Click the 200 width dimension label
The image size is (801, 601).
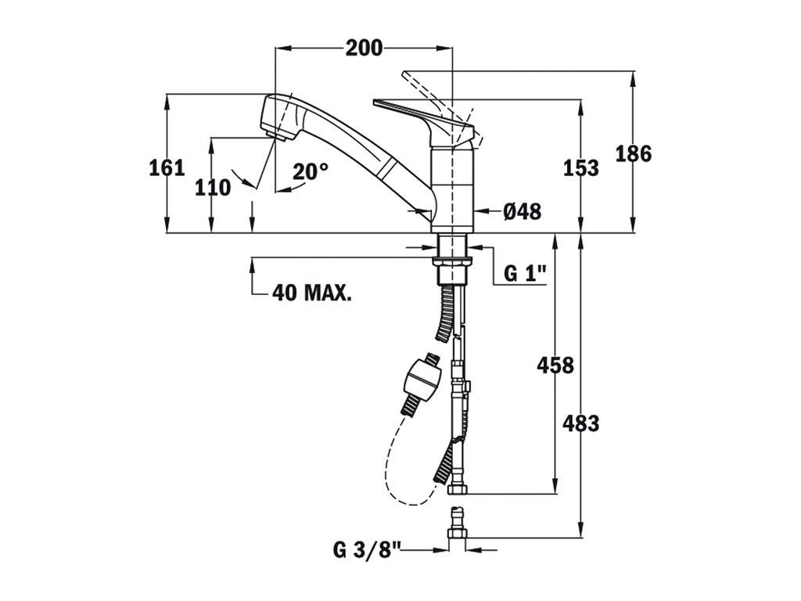pos(364,49)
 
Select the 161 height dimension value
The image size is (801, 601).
pos(167,167)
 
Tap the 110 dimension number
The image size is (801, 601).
pos(213,188)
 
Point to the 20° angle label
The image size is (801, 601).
pos(311,171)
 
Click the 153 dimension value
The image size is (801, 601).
pos(581,167)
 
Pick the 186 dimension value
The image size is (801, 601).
pos(633,154)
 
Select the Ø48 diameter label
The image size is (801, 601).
pos(522,211)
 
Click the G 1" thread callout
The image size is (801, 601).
pos(524,273)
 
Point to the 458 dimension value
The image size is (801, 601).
pos(555,365)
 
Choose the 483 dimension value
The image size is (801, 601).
pos(581,423)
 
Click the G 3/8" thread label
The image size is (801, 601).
pos(366,549)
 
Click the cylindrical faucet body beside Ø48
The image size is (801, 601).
pos(454,188)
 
